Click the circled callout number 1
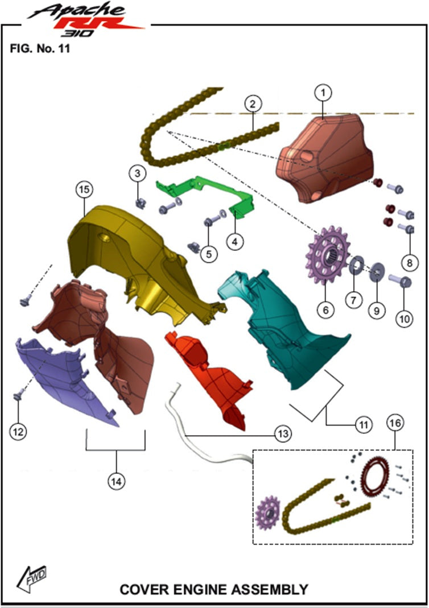(x=323, y=93)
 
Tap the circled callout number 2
(x=253, y=104)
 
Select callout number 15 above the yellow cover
(x=84, y=189)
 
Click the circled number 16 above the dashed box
(x=395, y=423)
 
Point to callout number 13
(x=283, y=433)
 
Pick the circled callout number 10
(x=404, y=319)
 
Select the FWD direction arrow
(x=31, y=578)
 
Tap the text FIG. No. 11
(x=40, y=48)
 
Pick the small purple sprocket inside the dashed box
(x=268, y=513)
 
